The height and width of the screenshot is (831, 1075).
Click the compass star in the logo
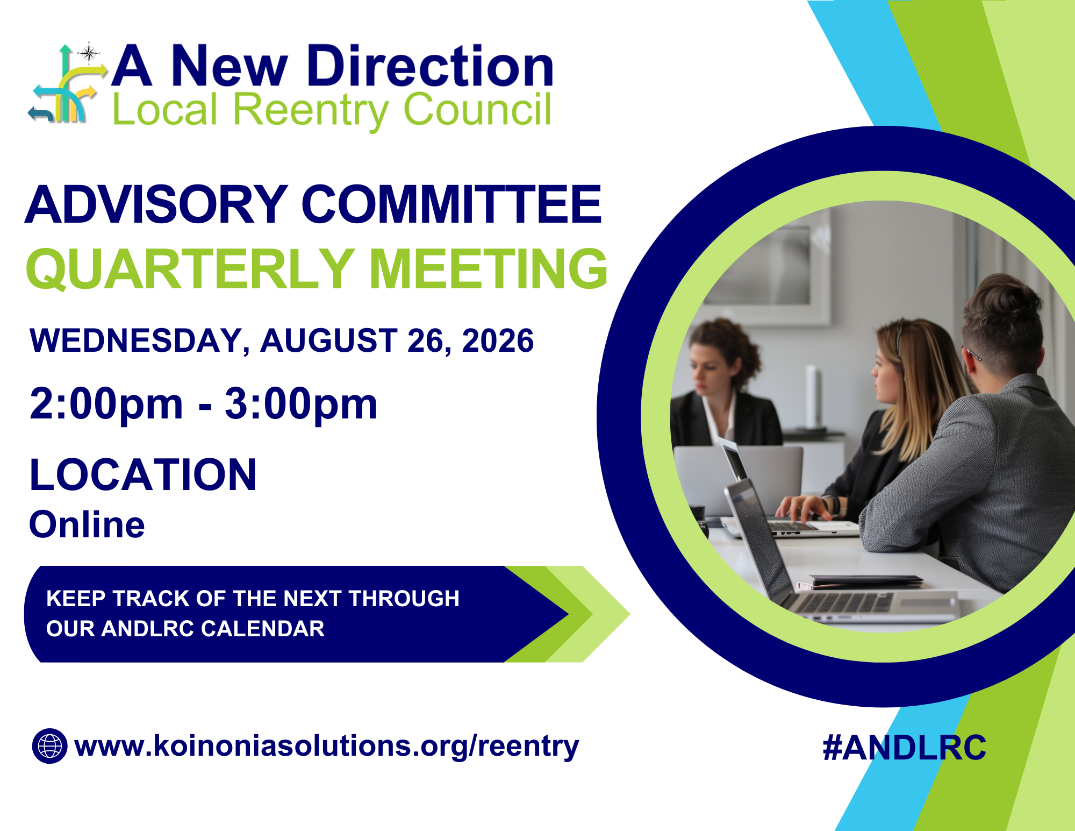tap(89, 53)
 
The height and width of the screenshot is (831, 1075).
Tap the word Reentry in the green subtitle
tap(310, 110)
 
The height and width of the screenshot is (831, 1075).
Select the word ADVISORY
tap(156, 205)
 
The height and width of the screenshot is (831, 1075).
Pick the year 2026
tap(498, 341)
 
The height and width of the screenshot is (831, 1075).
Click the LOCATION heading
tap(143, 475)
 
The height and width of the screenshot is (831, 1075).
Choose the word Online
tap(87, 524)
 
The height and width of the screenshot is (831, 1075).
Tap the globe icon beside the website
tap(50, 746)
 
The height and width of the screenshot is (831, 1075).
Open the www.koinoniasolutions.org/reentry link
tap(326, 747)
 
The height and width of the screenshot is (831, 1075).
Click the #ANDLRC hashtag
tap(904, 748)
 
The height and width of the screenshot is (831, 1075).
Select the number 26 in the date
tap(426, 341)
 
